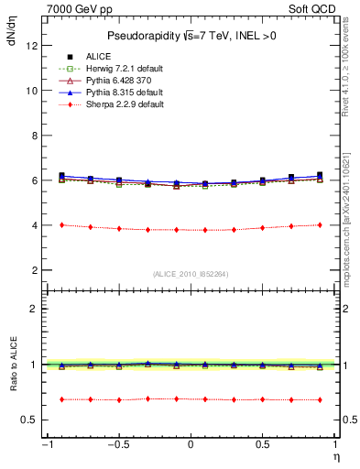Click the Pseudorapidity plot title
tap(191, 36)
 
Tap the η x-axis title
tap(335, 455)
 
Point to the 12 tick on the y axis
tap(31, 46)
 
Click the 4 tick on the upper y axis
tap(33, 225)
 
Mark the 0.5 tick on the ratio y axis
tap(29, 420)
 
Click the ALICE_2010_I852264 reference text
tap(191, 273)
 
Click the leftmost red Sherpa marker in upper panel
tap(61, 224)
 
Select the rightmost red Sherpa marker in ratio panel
tap(320, 399)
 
